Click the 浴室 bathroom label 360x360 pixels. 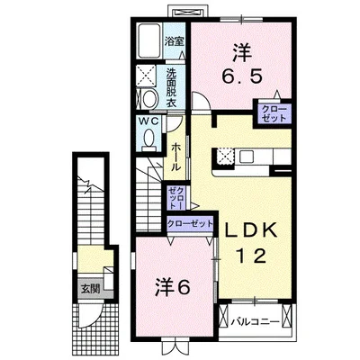tap(174, 41)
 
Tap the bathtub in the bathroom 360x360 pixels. tap(150, 41)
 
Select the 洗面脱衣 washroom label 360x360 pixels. tap(171, 87)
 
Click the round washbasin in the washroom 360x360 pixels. tap(149, 98)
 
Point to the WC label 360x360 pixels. tap(148, 121)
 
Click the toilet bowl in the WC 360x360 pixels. tap(148, 139)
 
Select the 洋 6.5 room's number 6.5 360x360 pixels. tap(242, 76)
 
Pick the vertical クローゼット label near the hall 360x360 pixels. tap(176, 198)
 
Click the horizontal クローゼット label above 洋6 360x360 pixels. tap(190, 223)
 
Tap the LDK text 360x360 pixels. tap(250, 230)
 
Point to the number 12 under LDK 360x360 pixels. tap(251, 256)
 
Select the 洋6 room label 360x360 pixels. tap(173, 287)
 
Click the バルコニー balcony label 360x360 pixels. tap(256, 322)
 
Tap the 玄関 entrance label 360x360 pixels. tap(90, 289)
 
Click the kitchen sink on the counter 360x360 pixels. tap(247, 157)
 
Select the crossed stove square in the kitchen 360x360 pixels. tap(225, 157)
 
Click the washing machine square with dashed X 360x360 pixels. tap(146, 75)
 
